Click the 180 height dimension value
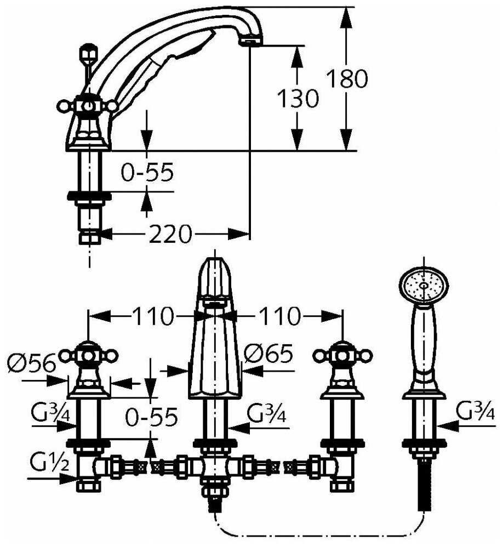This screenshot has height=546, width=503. click(347, 78)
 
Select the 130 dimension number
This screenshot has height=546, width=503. click(298, 98)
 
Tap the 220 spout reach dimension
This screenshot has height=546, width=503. click(170, 234)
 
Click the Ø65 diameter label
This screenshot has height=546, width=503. click(268, 354)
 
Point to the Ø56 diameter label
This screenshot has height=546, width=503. click(31, 363)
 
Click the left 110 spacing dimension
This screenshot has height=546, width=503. click(152, 316)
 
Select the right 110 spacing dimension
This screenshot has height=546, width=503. click(278, 316)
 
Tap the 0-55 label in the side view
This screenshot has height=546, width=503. click(147, 172)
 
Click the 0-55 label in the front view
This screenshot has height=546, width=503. click(151, 417)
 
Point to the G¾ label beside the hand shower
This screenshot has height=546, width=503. click(475, 410)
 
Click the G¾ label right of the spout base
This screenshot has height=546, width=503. click(267, 413)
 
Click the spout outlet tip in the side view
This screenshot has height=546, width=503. click(250, 42)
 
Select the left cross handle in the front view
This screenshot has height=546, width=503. click(88, 356)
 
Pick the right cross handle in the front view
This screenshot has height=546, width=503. click(342, 356)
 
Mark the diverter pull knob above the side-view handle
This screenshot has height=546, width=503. click(89, 53)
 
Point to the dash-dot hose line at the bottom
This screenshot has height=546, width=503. click(318, 536)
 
